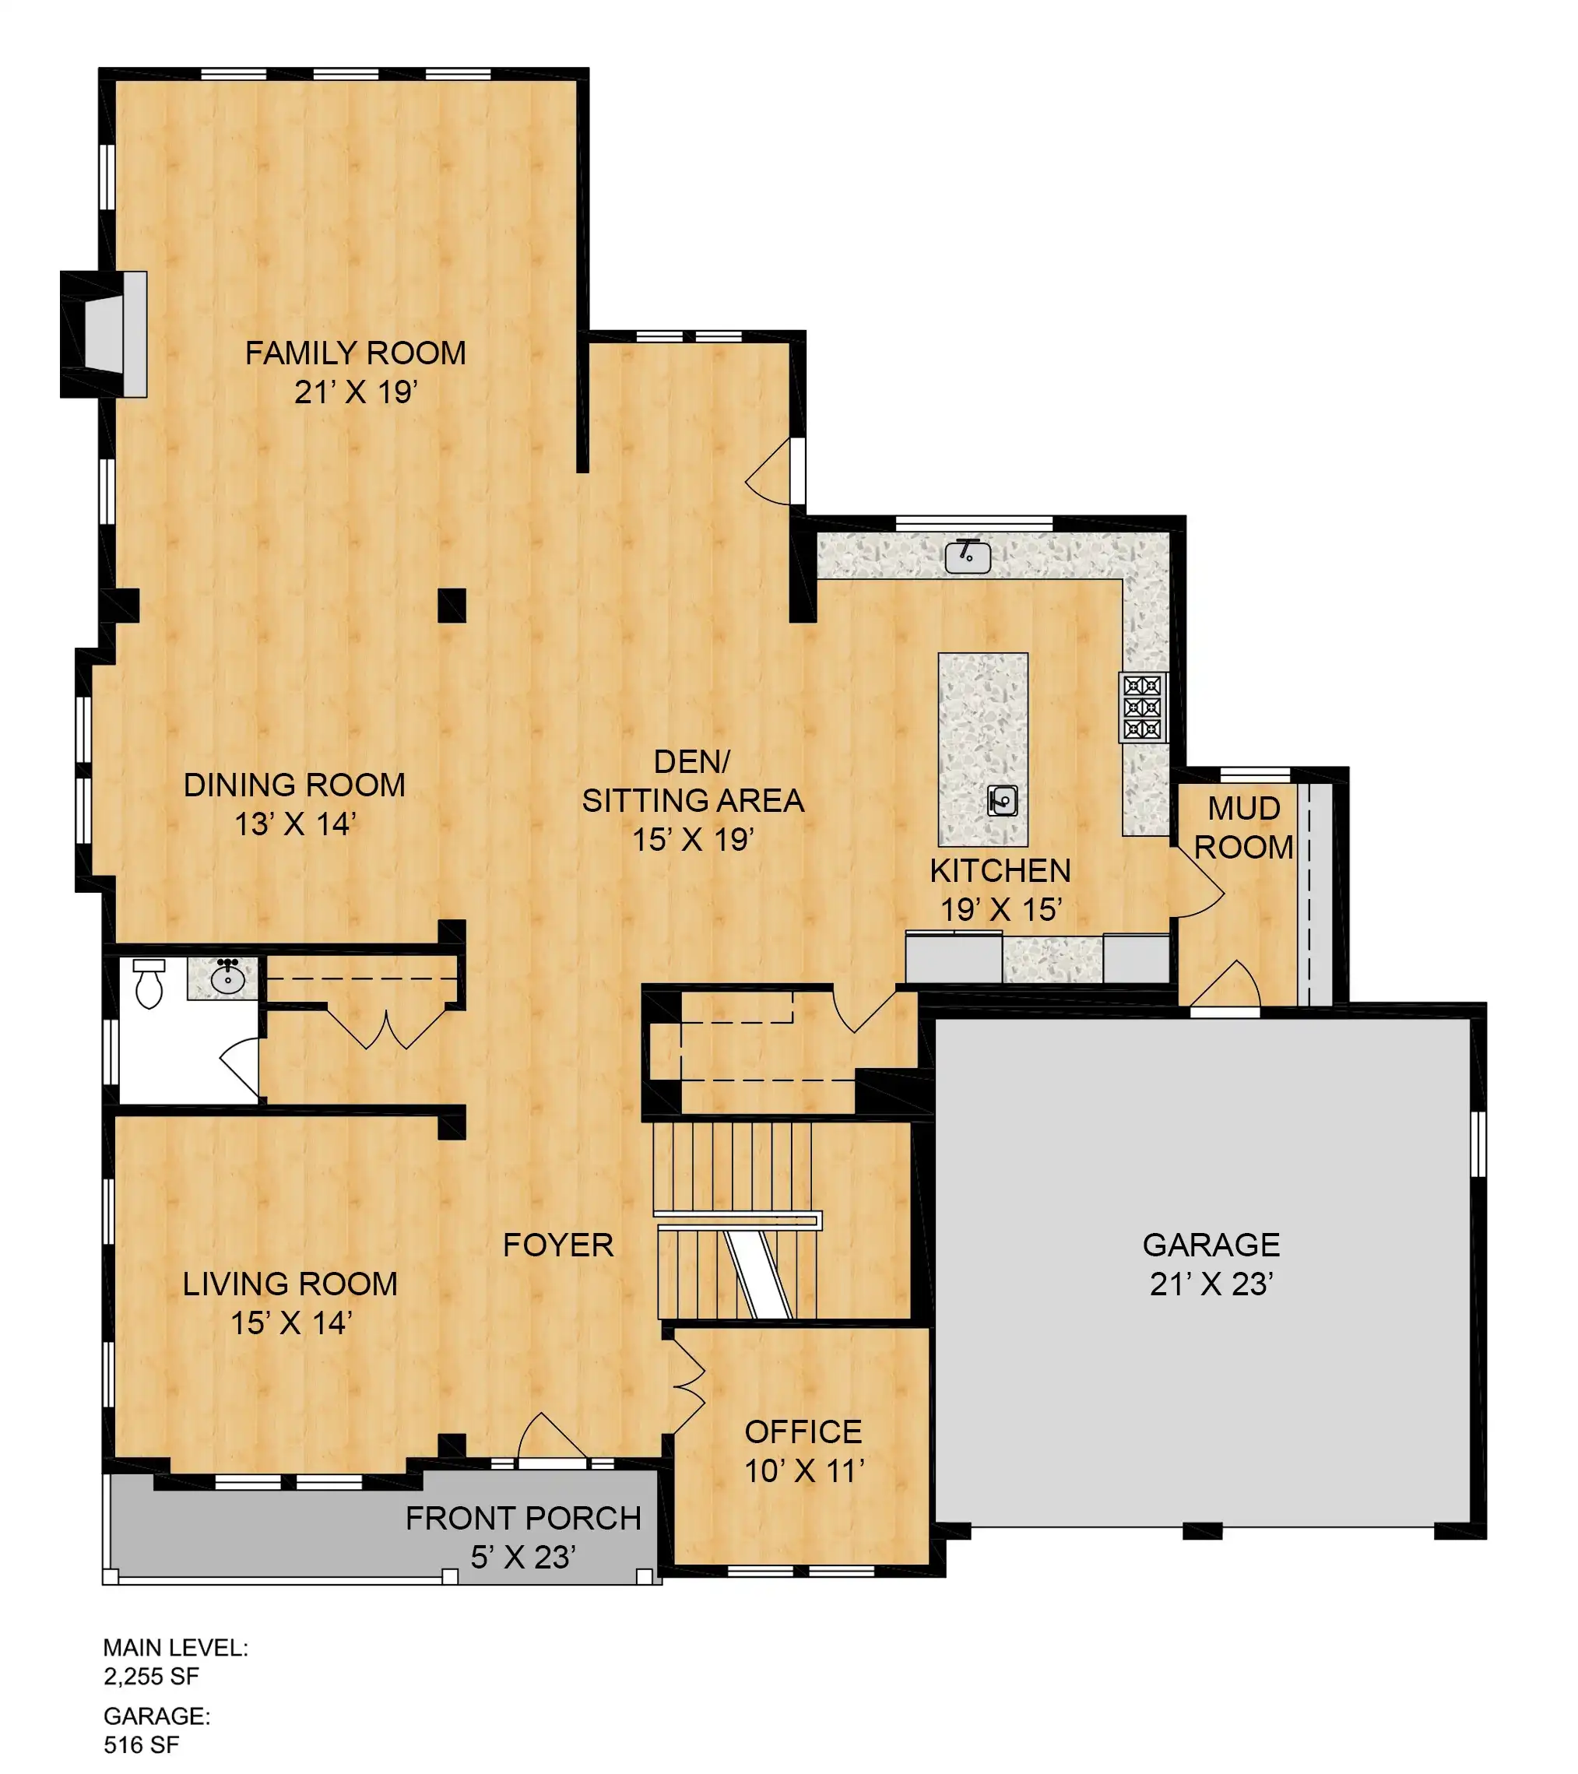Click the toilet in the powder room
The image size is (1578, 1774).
tap(149, 982)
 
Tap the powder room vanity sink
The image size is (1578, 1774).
tap(227, 979)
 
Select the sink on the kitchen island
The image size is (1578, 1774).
tap(1003, 800)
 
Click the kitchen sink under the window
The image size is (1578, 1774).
tap(968, 556)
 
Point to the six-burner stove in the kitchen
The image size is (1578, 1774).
tap(1142, 708)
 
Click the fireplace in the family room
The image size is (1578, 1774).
tap(104, 335)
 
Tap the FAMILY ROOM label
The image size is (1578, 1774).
tap(355, 353)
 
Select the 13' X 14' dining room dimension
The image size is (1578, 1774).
tap(295, 824)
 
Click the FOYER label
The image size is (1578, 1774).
tap(558, 1245)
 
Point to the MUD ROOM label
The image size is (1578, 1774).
tap(1244, 827)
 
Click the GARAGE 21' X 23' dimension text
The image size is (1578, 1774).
tap(1211, 1284)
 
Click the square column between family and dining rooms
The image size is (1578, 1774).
tap(452, 605)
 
